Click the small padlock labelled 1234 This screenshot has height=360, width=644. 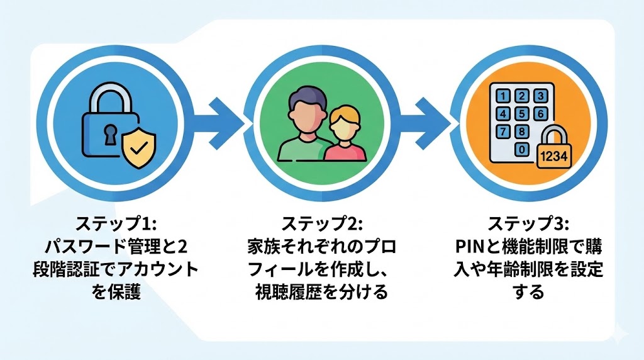554,149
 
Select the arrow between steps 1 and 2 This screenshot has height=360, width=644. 221,117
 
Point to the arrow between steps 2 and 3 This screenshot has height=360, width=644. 429,117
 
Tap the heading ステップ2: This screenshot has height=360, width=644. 321,223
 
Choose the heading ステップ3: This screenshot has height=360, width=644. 528,223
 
